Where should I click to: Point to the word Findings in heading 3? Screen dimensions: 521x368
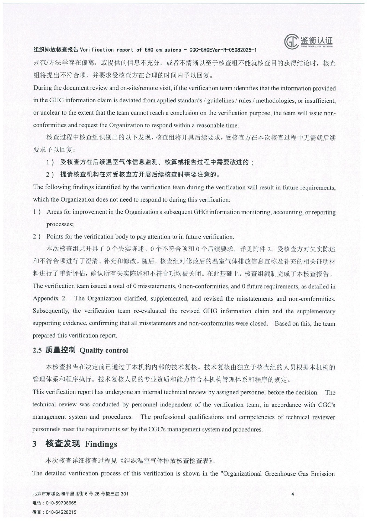pyautogui.click(x=101, y=444)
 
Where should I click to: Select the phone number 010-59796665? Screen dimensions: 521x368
pyautogui.click(x=61, y=503)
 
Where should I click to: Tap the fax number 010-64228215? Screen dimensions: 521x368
pyautogui.click(x=61, y=512)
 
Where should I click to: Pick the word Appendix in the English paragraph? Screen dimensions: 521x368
pyautogui.click(x=45, y=298)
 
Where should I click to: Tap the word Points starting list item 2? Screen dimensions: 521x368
pyautogui.click(x=55, y=237)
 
